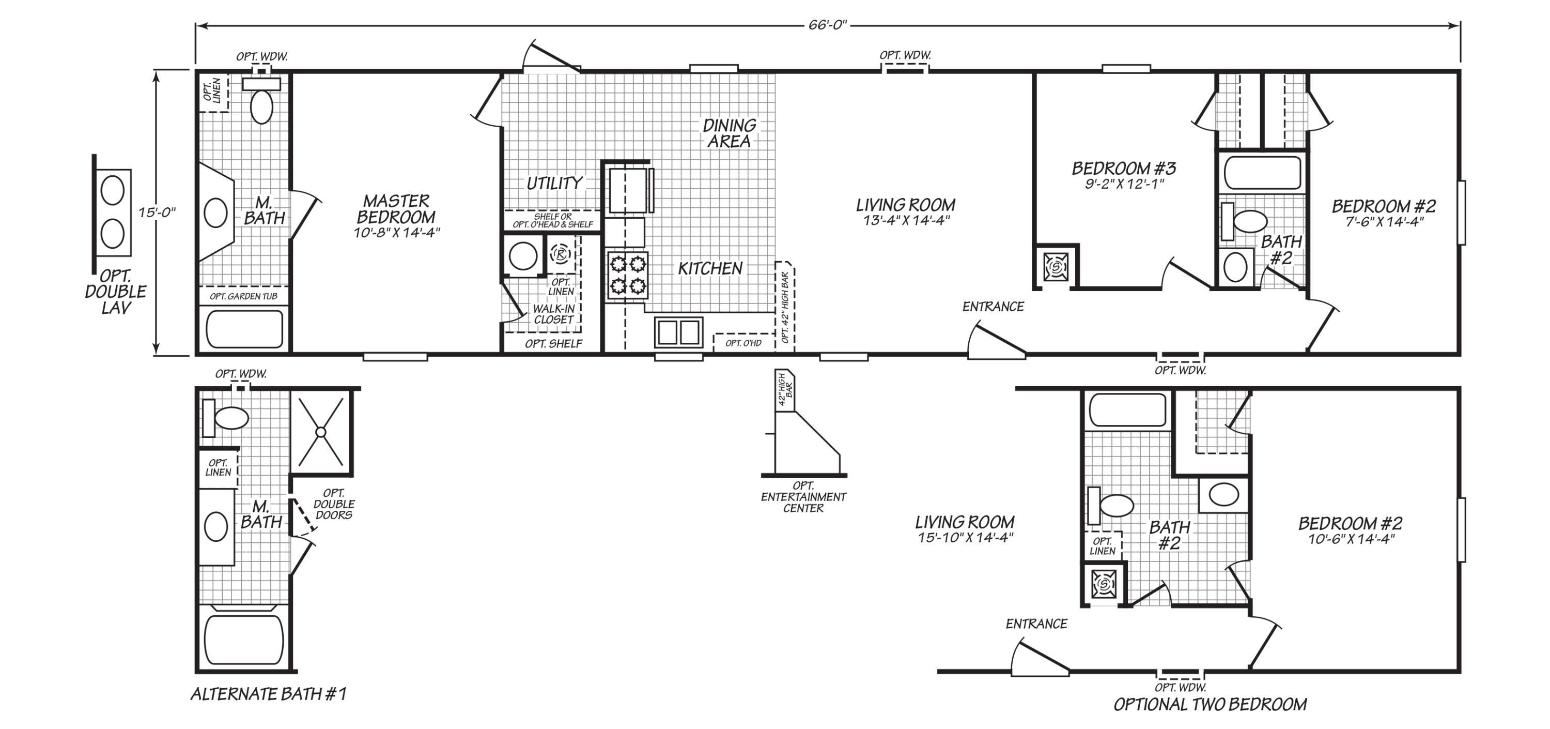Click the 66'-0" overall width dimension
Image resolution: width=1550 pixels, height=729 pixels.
coord(827,25)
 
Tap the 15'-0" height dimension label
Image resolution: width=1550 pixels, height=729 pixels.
coord(157,212)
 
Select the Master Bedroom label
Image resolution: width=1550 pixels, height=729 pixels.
coord(396,209)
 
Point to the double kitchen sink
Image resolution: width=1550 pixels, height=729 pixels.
coord(679,332)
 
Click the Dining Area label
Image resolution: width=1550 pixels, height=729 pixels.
coord(729,133)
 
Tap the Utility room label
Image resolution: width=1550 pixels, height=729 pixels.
coord(554,183)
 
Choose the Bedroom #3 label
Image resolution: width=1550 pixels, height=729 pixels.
coord(1124,168)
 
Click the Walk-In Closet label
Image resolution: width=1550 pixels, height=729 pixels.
coord(553,314)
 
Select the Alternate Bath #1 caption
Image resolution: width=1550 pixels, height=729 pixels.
coord(268,694)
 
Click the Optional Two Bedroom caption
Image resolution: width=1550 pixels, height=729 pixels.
coord(1210,704)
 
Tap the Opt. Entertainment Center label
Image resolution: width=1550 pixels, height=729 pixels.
coord(803,497)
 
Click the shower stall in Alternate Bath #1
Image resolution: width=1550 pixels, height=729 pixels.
coord(321,431)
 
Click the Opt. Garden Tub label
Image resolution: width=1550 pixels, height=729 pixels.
coord(244,296)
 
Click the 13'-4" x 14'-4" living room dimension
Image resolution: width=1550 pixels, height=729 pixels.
coord(906,220)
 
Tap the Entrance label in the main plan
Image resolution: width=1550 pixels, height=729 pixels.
coord(993,307)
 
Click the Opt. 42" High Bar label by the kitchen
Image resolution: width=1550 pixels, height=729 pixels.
coord(785,308)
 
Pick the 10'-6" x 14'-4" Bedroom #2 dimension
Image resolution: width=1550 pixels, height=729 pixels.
coord(1351,539)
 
